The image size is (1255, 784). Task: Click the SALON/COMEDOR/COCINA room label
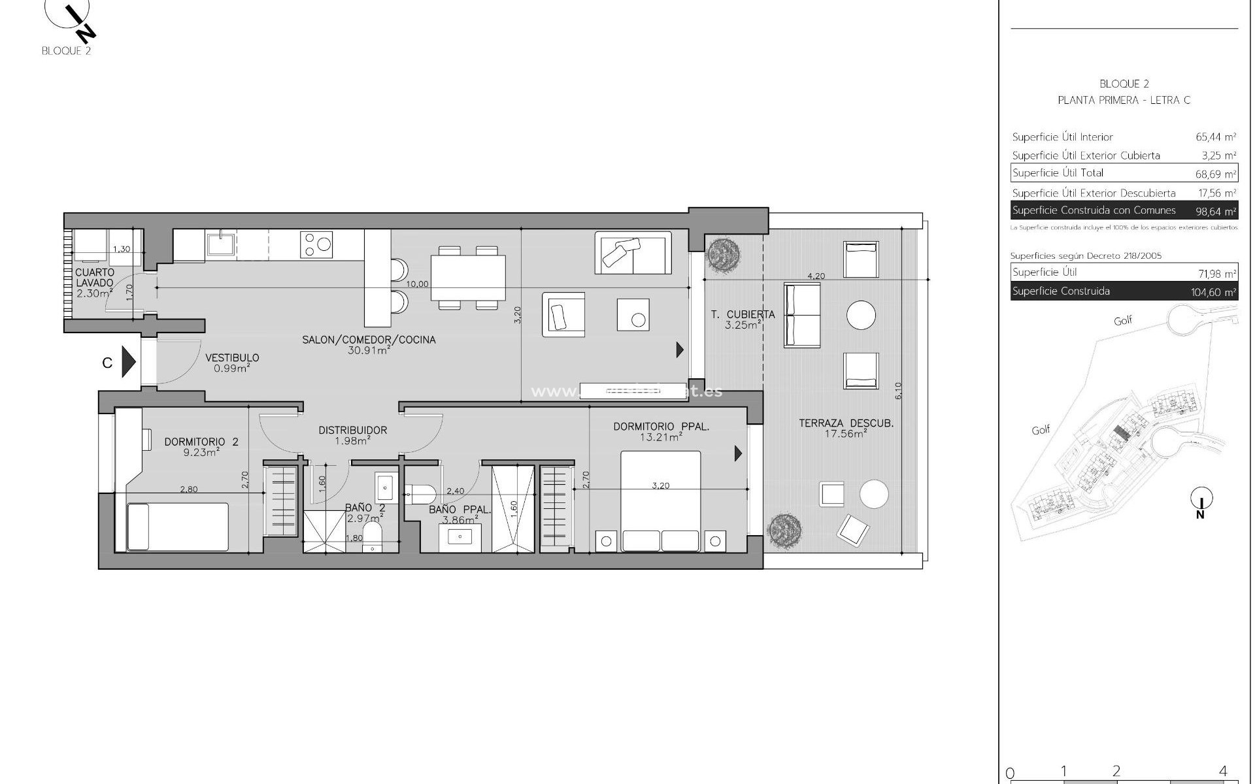pyautogui.click(x=369, y=340)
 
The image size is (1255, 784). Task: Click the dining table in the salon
pyautogui.click(x=468, y=278)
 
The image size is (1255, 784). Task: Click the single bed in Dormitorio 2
pyautogui.click(x=178, y=527)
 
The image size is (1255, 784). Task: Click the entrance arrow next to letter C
pyautogui.click(x=129, y=361)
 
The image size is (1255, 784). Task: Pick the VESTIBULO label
pyautogui.click(x=232, y=358)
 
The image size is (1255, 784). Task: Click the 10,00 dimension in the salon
pyautogui.click(x=417, y=284)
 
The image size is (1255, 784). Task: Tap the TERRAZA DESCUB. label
pyautogui.click(x=846, y=423)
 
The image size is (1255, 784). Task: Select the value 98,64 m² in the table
pyautogui.click(x=1215, y=212)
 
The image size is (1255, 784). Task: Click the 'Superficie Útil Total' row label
pyautogui.click(x=1058, y=173)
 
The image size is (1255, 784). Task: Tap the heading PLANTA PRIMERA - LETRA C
pyautogui.click(x=1124, y=100)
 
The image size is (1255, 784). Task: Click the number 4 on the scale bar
pyautogui.click(x=1223, y=771)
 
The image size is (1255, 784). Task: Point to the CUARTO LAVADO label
pyautogui.click(x=95, y=278)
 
